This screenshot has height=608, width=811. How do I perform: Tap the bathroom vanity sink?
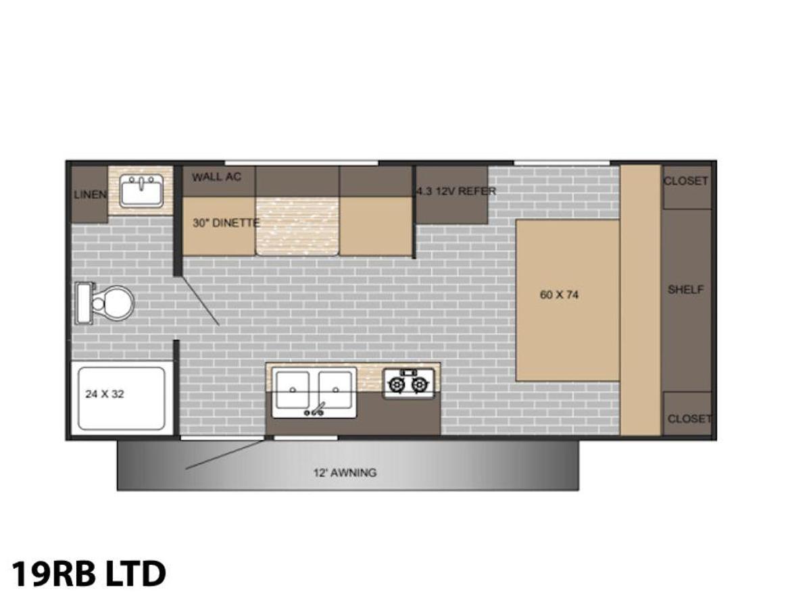tap(141, 191)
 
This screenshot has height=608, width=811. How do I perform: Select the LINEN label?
tap(90, 195)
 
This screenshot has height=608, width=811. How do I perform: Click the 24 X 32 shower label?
tap(105, 395)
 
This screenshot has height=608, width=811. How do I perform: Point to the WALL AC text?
tap(216, 177)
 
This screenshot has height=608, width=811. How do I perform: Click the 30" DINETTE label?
tap(226, 223)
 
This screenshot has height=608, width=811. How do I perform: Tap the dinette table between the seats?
tap(297, 226)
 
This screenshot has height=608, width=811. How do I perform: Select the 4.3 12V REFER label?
tap(456, 191)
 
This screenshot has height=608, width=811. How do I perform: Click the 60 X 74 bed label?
tap(559, 295)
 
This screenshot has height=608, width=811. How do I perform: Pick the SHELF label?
tap(685, 290)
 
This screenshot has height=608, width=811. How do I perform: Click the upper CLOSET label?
tap(686, 181)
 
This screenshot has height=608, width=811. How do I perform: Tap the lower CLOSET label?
tap(689, 419)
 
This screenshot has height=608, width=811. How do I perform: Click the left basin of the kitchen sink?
tap(293, 390)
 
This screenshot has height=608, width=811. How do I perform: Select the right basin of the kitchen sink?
tap(335, 390)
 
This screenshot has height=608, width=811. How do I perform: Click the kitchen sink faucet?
tap(314, 410)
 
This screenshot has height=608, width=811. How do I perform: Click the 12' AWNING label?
tap(345, 472)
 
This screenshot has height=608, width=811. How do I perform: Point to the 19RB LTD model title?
tap(89, 574)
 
